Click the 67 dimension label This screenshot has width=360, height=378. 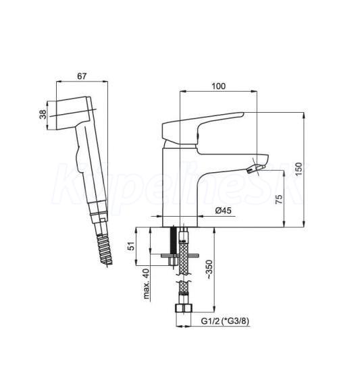(82, 76)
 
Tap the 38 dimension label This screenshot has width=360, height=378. (43, 114)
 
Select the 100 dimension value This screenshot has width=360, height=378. (218, 86)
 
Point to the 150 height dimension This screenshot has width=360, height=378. (299, 169)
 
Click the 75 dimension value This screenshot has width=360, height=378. (279, 199)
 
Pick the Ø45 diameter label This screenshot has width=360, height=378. (223, 211)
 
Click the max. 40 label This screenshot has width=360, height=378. (146, 283)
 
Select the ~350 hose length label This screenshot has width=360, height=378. (209, 270)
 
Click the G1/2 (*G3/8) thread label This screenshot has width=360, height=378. (225, 321)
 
